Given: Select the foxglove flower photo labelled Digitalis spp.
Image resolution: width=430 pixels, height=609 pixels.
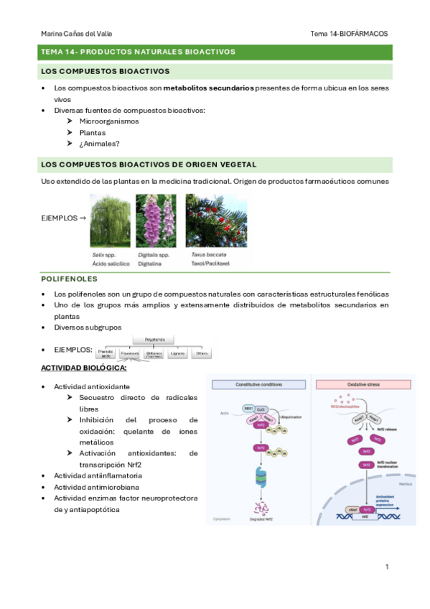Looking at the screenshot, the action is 157,220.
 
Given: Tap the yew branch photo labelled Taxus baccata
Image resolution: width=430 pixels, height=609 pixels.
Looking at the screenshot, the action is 216,220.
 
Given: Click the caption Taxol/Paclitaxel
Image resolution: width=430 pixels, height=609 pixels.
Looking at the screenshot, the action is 212,264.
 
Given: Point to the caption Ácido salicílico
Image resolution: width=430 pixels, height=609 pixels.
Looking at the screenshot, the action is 110,264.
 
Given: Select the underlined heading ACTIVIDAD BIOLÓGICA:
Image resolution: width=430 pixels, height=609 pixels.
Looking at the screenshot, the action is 85,368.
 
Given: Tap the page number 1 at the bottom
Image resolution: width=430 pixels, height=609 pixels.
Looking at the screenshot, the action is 387,567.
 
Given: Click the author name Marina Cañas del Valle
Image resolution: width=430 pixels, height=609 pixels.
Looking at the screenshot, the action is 77,34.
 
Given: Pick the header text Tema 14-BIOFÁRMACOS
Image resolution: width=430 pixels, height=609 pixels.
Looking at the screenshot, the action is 349,34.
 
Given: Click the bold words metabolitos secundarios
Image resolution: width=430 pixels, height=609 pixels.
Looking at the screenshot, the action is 208,88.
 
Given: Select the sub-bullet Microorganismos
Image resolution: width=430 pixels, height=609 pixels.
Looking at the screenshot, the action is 109,121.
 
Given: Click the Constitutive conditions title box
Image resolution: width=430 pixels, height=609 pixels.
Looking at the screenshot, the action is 258,385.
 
